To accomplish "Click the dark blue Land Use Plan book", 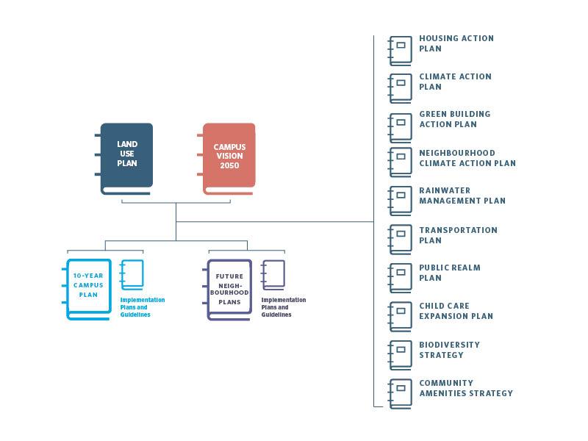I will pyautogui.click(x=126, y=157).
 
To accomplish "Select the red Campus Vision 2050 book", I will pyautogui.click(x=229, y=157).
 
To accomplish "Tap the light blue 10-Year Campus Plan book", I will pyautogui.click(x=88, y=288).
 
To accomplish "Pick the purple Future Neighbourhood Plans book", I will pyautogui.click(x=229, y=288).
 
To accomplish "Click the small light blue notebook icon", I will pyautogui.click(x=132, y=275).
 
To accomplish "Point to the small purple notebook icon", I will pyautogui.click(x=273, y=275).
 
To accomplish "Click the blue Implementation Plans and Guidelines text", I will pyautogui.click(x=143, y=307).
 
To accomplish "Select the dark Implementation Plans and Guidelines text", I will pyautogui.click(x=284, y=307).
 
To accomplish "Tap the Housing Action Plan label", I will pyautogui.click(x=456, y=43).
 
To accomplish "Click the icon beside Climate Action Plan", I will pyautogui.click(x=401, y=87).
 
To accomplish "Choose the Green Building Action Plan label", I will pyautogui.click(x=454, y=119).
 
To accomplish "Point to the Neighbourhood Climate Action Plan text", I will pyautogui.click(x=467, y=158).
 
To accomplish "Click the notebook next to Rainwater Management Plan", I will pyautogui.click(x=401, y=200).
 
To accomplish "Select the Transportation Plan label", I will pyautogui.click(x=458, y=235).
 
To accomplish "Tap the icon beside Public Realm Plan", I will pyautogui.click(x=401, y=276).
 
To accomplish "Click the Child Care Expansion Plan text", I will pyautogui.click(x=456, y=311).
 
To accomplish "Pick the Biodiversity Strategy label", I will pyautogui.click(x=449, y=350).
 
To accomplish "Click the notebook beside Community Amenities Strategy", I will pyautogui.click(x=401, y=393).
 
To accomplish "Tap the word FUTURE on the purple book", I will pyautogui.click(x=229, y=276).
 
